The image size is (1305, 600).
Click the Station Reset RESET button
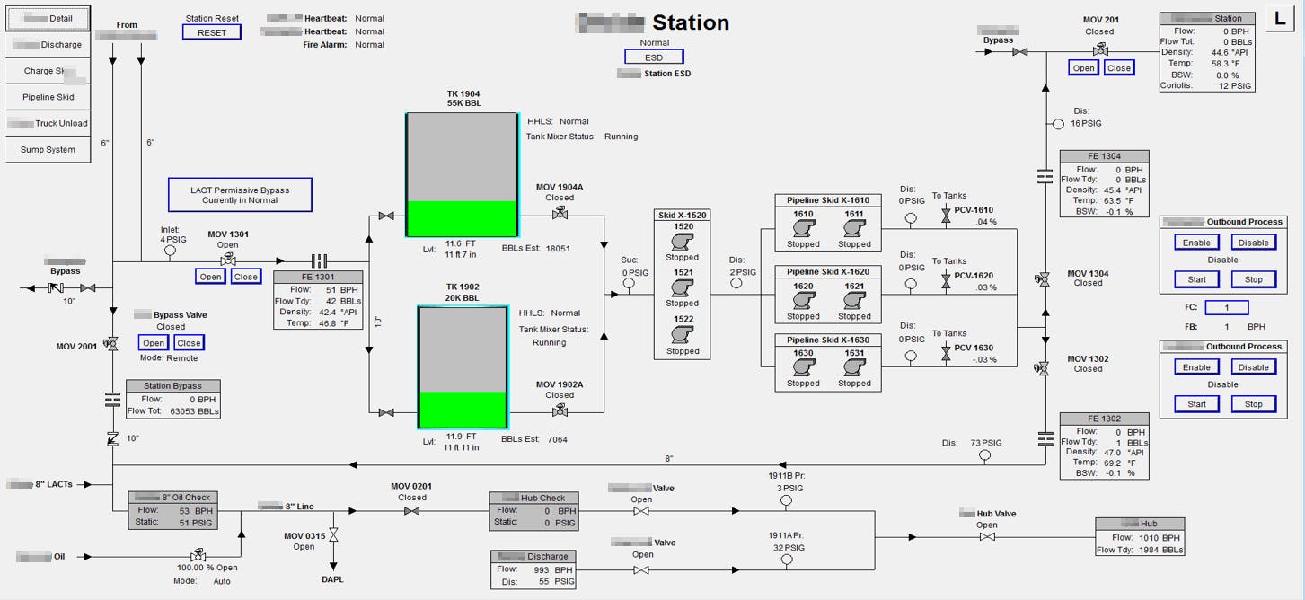[x=212, y=32]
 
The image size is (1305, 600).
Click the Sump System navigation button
[x=48, y=150]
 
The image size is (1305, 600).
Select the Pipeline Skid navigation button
[x=48, y=97]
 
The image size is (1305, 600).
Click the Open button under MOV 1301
[x=210, y=277]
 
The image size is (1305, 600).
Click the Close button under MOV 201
[x=1118, y=68]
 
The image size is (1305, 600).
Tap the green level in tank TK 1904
[x=462, y=218]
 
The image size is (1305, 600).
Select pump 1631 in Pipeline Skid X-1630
[x=853, y=368]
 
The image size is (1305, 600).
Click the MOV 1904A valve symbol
[x=560, y=213]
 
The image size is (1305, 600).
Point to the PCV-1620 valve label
[x=974, y=276]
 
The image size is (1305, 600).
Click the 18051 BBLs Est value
[x=557, y=249]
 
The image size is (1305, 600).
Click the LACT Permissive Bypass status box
[x=240, y=194]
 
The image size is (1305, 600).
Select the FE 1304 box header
[x=1104, y=156]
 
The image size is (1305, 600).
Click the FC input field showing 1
[x=1228, y=308]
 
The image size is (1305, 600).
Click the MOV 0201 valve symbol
[x=411, y=511]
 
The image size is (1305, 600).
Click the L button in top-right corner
[x=1280, y=18]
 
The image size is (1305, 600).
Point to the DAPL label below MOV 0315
[x=332, y=579]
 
